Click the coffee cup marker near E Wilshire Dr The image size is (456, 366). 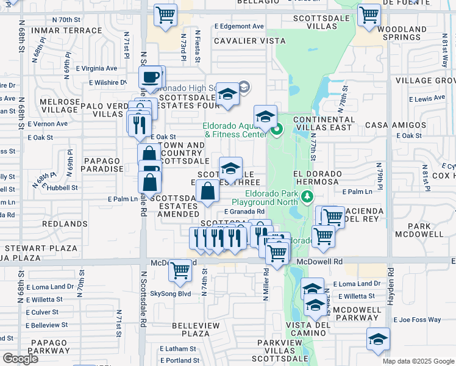pyautogui.click(x=151, y=78)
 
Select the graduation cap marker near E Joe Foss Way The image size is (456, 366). pyautogui.click(x=378, y=339)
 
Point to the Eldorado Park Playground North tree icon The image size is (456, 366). pyautogui.click(x=308, y=196)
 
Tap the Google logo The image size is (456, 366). pyautogui.click(x=20, y=358)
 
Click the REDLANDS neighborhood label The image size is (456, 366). pyautogui.click(x=66, y=224)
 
